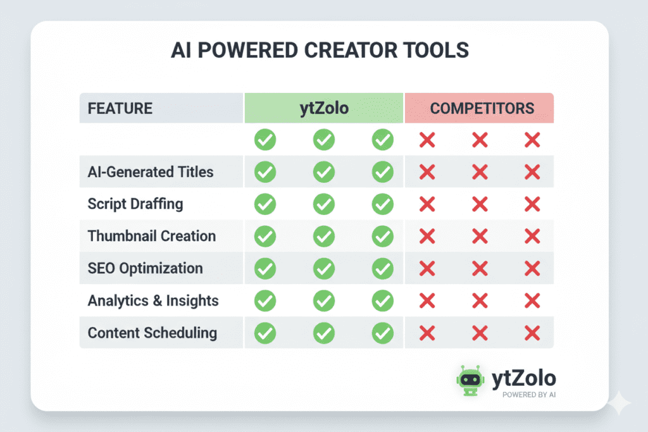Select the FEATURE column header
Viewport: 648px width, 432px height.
click(120, 108)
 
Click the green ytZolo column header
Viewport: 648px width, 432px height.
click(324, 108)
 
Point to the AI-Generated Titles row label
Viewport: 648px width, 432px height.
click(151, 171)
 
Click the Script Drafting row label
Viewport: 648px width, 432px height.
click(135, 204)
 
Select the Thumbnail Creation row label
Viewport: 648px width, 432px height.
click(152, 236)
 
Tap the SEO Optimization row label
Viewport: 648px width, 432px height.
click(145, 268)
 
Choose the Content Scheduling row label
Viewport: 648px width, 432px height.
click(153, 333)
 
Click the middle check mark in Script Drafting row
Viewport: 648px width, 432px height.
click(324, 204)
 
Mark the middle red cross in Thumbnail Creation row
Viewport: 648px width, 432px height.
click(480, 236)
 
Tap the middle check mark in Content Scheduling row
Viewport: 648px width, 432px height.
click(324, 333)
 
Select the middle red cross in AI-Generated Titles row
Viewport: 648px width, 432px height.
click(480, 171)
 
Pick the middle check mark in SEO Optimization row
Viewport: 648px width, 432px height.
click(324, 268)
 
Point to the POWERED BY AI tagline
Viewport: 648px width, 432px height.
click(529, 395)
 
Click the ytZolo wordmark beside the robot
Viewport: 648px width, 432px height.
click(524, 378)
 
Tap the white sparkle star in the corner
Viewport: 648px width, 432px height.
click(618, 402)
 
